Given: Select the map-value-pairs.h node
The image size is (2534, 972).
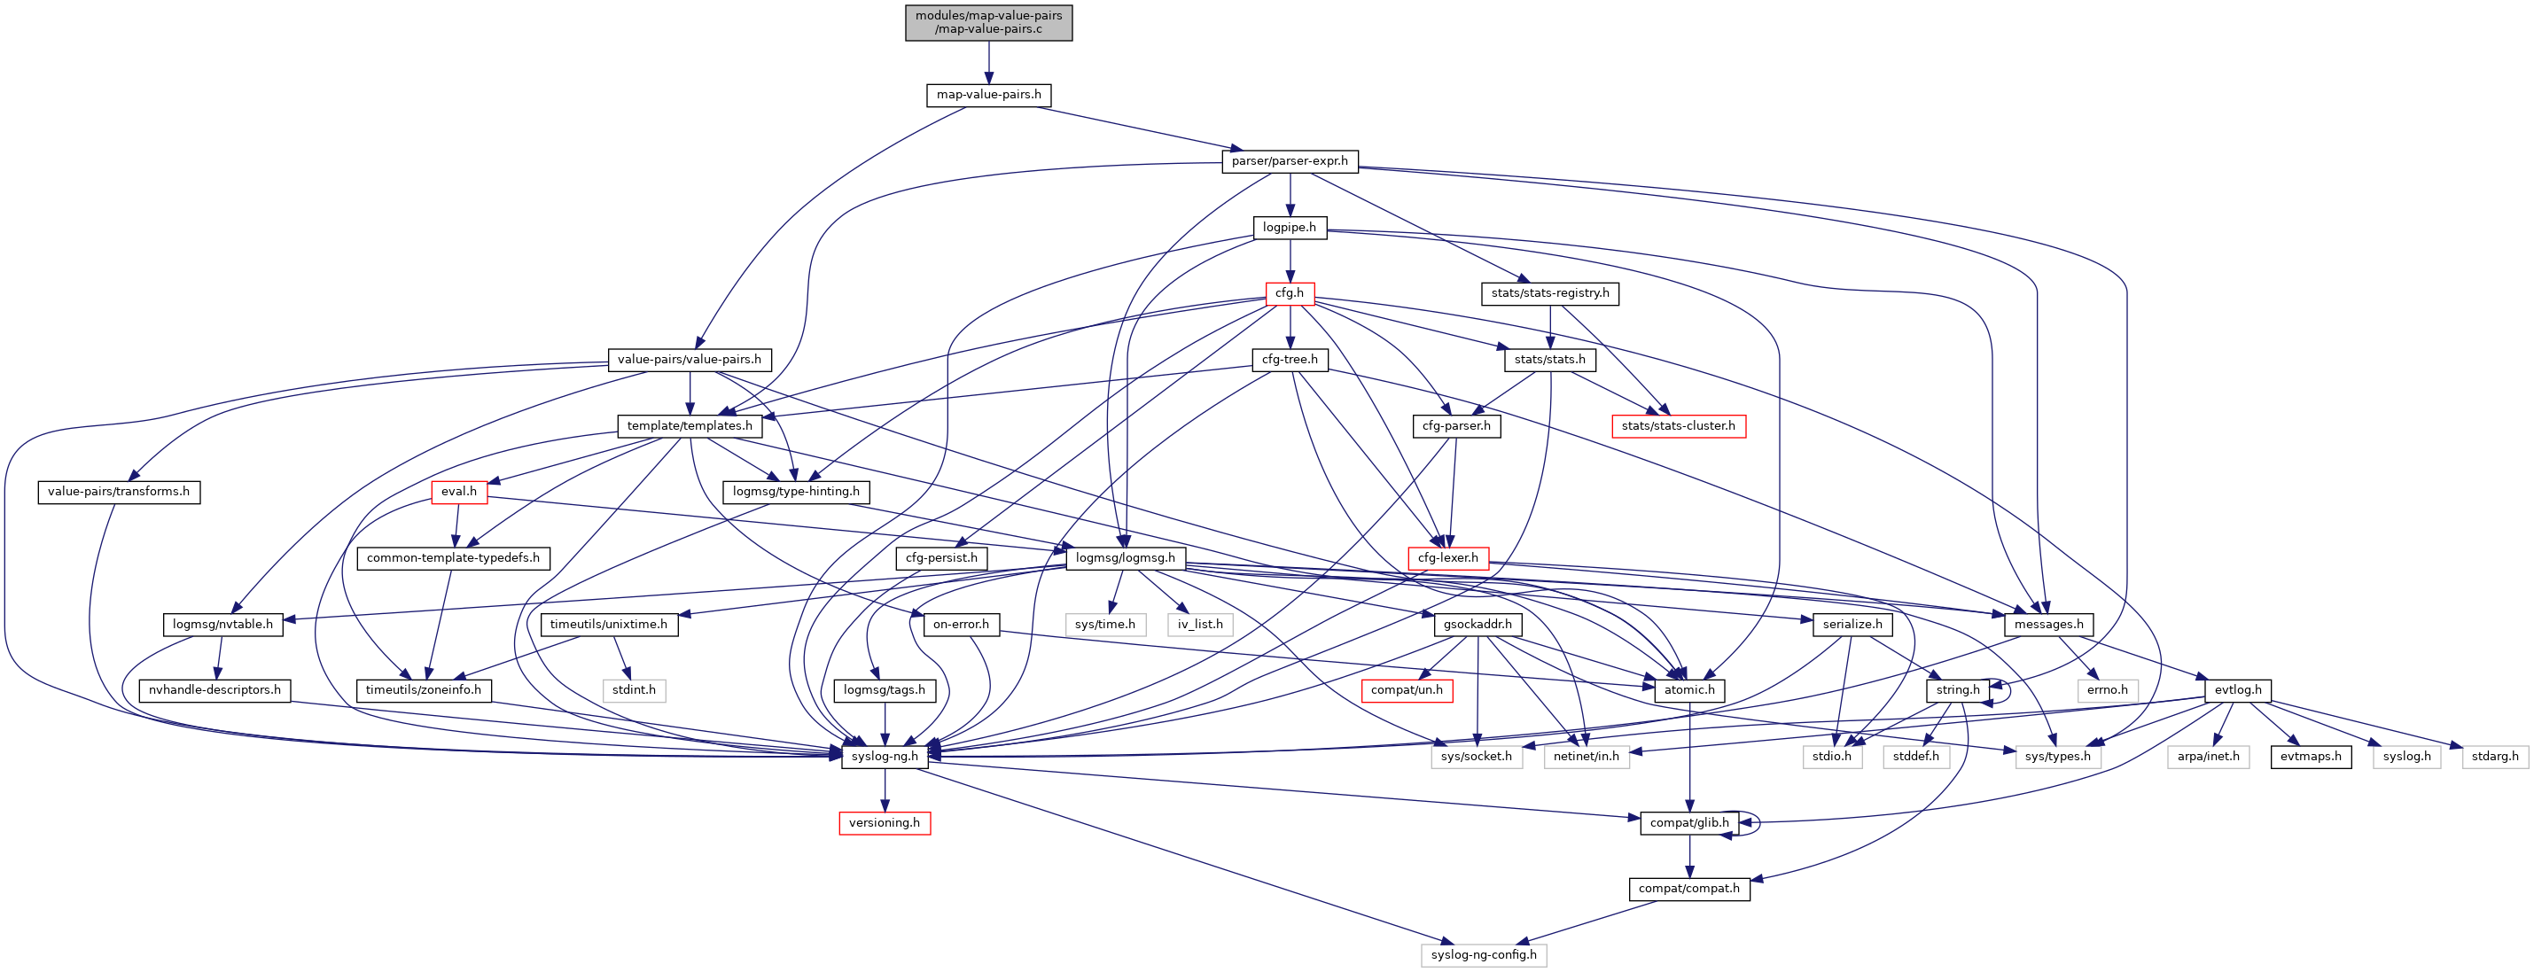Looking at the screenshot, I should pos(988,95).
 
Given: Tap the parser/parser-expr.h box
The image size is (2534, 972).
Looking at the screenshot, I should pos(1290,160).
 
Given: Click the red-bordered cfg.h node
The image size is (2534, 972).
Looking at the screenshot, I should pos(1289,293).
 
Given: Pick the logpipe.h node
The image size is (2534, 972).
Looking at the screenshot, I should pos(1290,227).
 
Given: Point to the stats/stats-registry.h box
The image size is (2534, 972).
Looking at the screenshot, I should pos(1549,293).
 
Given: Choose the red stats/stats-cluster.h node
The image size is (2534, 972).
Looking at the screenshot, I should pos(1678,426).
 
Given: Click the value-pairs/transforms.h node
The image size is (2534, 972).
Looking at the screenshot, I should pos(118,492).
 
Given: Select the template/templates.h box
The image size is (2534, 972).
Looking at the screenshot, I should pos(690,426).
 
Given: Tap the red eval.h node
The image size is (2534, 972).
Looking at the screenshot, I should pos(458,492).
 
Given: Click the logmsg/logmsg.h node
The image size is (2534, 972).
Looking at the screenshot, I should pos(1126,558).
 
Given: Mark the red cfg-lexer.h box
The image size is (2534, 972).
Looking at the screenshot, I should pos(1447,558).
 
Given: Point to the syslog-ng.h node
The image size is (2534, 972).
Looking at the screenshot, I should pos(885,757).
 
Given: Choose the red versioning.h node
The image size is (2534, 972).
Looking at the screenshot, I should pos(885,822).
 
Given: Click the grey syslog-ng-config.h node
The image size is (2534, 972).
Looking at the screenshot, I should pos(1484,955).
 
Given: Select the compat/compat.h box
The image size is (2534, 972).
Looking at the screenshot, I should pos(1688,889).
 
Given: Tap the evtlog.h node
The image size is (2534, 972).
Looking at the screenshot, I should pos(2238,689).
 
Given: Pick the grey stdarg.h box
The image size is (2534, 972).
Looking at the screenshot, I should pos(2496,757).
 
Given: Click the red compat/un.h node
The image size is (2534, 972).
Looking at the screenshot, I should pos(1407,689).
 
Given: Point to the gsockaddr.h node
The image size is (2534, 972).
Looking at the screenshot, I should pos(1478,624).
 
